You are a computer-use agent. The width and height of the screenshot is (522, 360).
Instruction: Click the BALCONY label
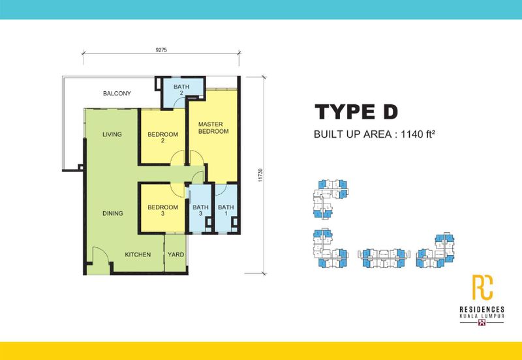(x=117, y=94)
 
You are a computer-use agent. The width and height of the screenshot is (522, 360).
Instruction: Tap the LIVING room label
(x=112, y=135)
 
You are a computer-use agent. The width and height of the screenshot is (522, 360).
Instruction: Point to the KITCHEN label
(x=138, y=254)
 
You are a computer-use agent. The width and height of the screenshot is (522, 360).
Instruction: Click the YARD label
(x=175, y=254)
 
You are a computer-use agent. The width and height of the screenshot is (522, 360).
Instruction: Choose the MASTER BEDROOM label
(x=213, y=127)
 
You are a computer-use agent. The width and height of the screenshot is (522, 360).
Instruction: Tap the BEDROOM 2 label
(x=163, y=138)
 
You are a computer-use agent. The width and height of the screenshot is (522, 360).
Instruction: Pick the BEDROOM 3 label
(x=163, y=212)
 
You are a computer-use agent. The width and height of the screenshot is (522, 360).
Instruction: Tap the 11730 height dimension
(x=260, y=176)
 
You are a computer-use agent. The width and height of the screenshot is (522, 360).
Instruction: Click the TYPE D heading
(x=356, y=112)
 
